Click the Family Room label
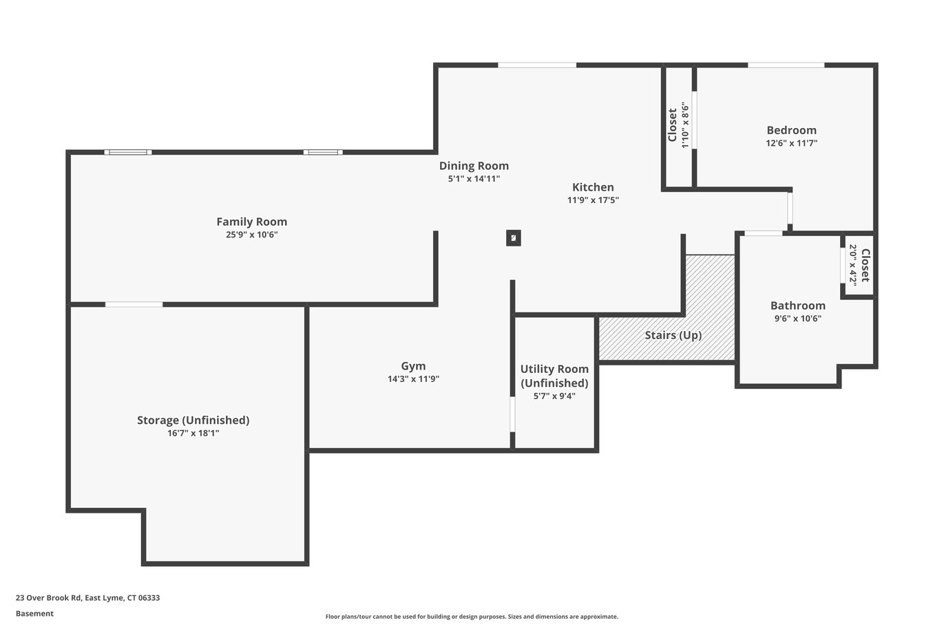pyautogui.click(x=251, y=222)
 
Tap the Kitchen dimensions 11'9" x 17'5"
pyautogui.click(x=593, y=200)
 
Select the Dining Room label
pyautogui.click(x=474, y=166)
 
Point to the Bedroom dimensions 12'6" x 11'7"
pyautogui.click(x=791, y=143)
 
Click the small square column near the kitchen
pyautogui.click(x=513, y=238)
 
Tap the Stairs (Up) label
pyautogui.click(x=673, y=335)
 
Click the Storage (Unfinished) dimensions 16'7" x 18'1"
pyautogui.click(x=193, y=433)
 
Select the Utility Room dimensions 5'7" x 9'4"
pyautogui.click(x=554, y=396)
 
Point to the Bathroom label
pyautogui.click(x=798, y=306)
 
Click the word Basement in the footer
pyautogui.click(x=34, y=613)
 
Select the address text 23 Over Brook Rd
pyautogui.click(x=48, y=597)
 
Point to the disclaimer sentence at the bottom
pyautogui.click(x=472, y=617)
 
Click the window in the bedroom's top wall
pyautogui.click(x=786, y=65)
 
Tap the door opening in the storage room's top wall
pyautogui.click(x=134, y=304)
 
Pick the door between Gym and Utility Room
pyautogui.click(x=512, y=414)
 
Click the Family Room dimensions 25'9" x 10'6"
pyautogui.click(x=251, y=235)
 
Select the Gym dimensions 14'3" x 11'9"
pyautogui.click(x=413, y=379)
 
